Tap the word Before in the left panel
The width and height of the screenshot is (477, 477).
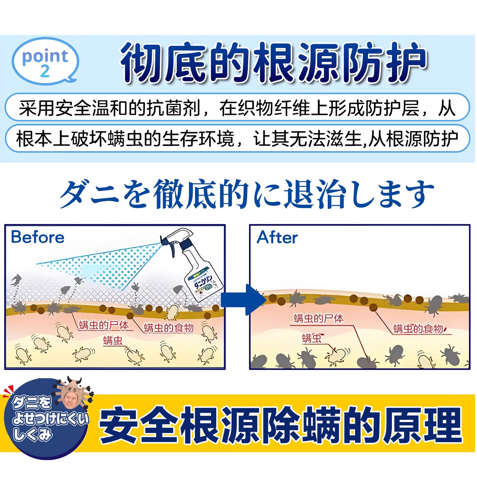[38, 237]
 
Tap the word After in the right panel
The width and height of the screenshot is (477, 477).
[277, 238]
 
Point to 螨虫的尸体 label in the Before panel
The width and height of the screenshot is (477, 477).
[104, 325]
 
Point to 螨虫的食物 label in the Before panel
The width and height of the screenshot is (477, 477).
[169, 328]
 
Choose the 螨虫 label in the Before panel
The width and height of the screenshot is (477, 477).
[113, 341]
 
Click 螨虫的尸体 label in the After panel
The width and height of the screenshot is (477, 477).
[318, 318]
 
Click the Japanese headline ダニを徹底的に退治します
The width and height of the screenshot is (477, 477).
[247, 194]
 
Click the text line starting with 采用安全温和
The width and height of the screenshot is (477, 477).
[237, 108]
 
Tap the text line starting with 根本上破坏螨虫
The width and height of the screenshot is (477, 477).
[237, 139]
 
